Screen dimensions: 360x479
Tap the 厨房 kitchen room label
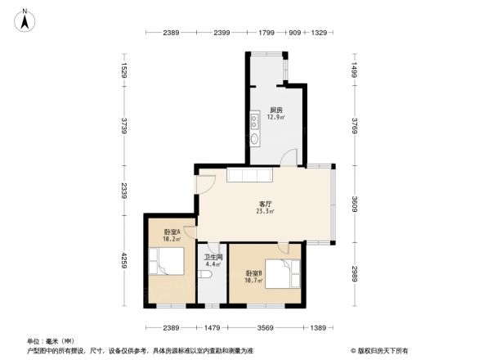pos(276,110)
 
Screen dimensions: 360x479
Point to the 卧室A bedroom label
pos(171,232)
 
